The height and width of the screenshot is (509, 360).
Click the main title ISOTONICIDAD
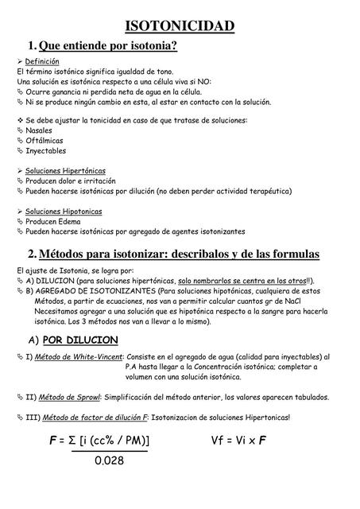[x=180, y=27]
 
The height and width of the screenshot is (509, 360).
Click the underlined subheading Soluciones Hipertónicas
[x=65, y=171]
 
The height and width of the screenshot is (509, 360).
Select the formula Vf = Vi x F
[x=238, y=441]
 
